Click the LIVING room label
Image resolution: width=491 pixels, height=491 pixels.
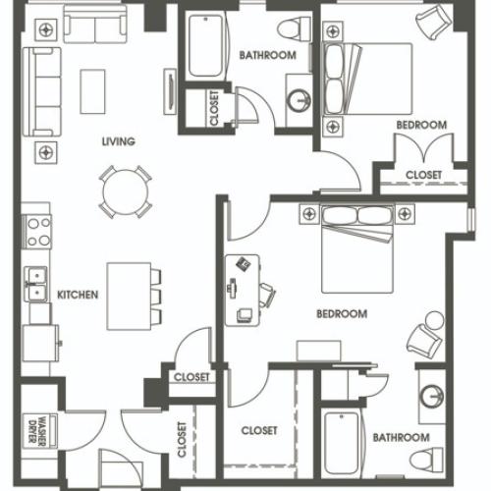(x=118, y=141)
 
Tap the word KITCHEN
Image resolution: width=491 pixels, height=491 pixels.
(x=77, y=294)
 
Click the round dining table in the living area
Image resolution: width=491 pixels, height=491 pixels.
(x=125, y=190)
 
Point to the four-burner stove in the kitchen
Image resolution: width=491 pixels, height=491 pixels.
(x=38, y=232)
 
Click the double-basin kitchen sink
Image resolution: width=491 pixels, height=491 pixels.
(x=38, y=284)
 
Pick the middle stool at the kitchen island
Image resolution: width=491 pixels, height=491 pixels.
(x=155, y=296)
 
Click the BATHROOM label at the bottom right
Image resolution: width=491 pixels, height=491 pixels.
(x=400, y=437)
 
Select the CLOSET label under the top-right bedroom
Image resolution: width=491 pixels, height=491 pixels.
(x=423, y=175)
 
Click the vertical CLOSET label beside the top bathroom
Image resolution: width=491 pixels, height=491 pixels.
(x=215, y=109)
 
